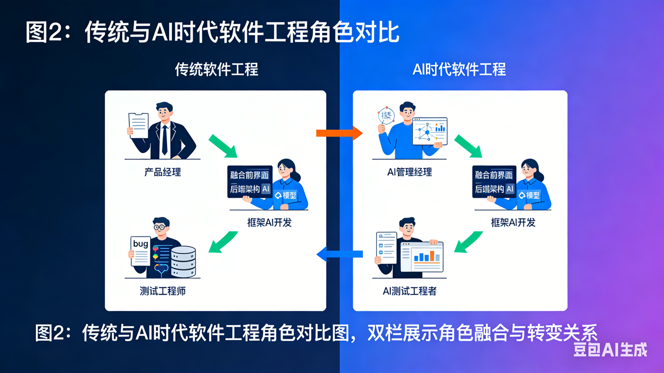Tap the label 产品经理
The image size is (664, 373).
click(162, 172)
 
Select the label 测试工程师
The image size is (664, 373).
click(162, 291)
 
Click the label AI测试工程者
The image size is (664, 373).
click(410, 291)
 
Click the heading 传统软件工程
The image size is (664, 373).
click(216, 70)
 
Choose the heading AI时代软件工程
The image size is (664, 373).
click(459, 70)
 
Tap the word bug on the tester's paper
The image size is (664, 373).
click(140, 243)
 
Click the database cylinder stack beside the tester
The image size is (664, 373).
click(183, 262)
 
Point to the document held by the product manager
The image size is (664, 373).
click(139, 125)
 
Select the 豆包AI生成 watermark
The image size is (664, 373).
click(610, 350)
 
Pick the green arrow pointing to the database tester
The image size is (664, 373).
click(223, 242)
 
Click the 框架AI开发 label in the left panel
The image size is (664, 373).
click(269, 222)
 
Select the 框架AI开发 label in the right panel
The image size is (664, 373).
click(513, 222)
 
